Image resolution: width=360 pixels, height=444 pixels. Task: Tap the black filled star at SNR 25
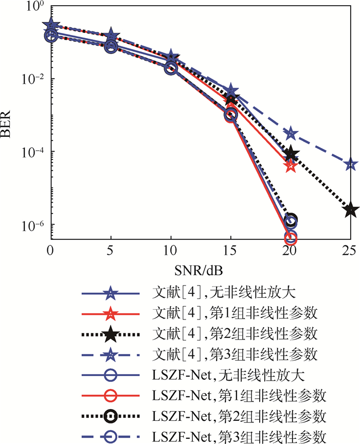350,210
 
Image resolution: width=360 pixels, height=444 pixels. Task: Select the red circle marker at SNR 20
291,238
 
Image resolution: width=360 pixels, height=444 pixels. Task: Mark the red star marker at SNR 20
291,166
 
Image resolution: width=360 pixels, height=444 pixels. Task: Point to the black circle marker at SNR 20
291,220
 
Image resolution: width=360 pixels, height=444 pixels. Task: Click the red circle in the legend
111,396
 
